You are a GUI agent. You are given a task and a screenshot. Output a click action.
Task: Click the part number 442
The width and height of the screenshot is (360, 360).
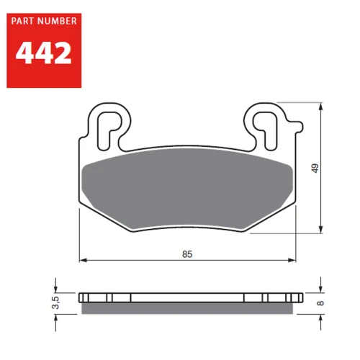(x=43, y=53)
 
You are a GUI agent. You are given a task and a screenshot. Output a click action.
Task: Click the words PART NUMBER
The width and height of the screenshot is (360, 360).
(x=44, y=21)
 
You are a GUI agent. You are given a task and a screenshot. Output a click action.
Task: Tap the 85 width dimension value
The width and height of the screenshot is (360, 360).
(x=187, y=254)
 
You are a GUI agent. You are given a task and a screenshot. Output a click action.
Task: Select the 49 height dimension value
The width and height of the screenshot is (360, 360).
(x=315, y=168)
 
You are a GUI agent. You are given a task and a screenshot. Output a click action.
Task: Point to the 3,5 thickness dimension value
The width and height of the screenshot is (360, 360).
(x=55, y=302)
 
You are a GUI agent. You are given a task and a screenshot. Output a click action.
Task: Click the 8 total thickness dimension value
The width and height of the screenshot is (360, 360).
(x=320, y=303)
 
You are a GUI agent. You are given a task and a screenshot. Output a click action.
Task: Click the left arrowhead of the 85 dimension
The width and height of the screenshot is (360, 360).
(x=83, y=260)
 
